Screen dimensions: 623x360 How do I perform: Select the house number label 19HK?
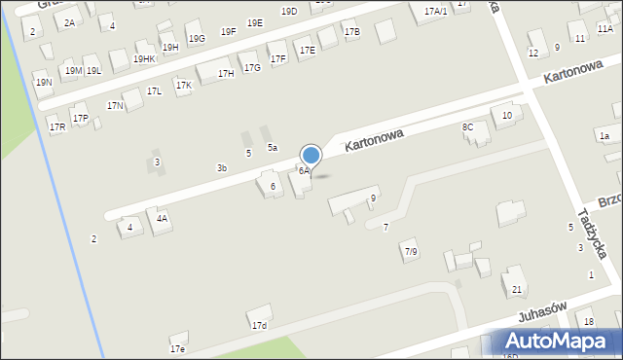tap(144, 59)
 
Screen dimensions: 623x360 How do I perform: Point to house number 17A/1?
tap(435, 11)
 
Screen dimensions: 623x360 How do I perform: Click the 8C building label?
tap(467, 127)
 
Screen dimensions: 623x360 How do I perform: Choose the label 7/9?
tap(410, 252)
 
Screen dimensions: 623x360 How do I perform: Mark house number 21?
tap(517, 290)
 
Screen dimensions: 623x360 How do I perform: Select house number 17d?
tap(259, 326)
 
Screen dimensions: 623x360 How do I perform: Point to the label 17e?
tap(177, 348)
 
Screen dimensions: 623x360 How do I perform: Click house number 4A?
tap(163, 219)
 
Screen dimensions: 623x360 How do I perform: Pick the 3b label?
tap(222, 168)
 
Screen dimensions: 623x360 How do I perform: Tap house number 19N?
tap(44, 83)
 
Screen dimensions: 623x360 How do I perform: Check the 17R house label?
tap(56, 127)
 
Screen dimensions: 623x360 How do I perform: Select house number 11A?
tap(605, 29)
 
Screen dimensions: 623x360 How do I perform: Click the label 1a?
tap(604, 135)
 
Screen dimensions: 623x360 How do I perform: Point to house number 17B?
tap(351, 32)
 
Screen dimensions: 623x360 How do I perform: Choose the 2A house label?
tap(69, 22)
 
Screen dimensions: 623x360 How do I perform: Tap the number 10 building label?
tap(506, 116)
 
